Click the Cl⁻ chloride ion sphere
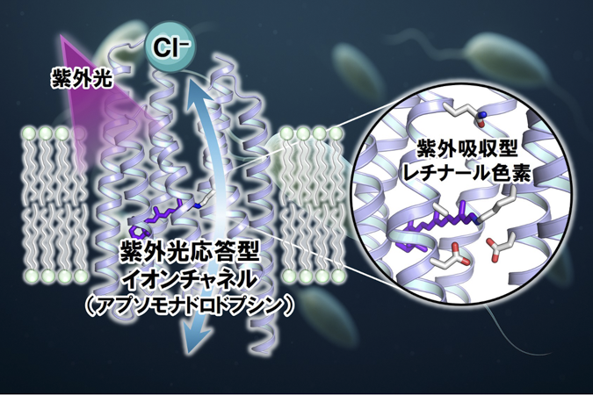tap(170, 47)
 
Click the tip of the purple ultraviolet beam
tap(61, 35)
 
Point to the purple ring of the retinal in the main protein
tap(138, 232)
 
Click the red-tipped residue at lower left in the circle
tap(451, 257)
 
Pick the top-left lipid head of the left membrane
tap(28, 133)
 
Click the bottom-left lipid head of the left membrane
tap(29, 276)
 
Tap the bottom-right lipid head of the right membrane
tap(337, 276)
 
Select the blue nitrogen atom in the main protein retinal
tap(197, 206)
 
